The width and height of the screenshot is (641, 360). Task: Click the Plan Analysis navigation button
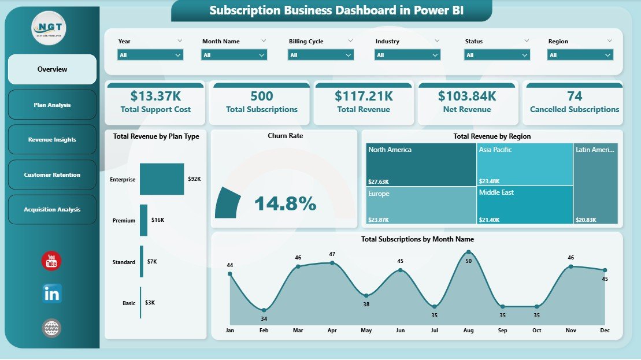(52, 105)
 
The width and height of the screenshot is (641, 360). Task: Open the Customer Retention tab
(52, 175)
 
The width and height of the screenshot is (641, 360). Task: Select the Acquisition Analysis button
(52, 210)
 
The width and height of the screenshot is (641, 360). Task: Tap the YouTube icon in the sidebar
(51, 261)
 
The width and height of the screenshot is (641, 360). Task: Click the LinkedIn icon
(51, 294)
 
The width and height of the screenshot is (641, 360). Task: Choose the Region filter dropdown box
(580, 55)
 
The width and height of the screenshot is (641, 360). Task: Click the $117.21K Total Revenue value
(364, 96)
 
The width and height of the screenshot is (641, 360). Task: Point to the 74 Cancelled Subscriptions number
(575, 96)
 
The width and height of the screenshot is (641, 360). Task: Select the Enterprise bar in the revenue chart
(162, 179)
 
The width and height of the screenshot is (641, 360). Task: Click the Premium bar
(143, 220)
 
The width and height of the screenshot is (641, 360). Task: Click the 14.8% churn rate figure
(285, 203)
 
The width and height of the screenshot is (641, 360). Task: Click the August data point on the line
(468, 252)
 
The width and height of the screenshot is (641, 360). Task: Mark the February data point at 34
(264, 310)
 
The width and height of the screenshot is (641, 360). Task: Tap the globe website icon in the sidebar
(51, 328)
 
